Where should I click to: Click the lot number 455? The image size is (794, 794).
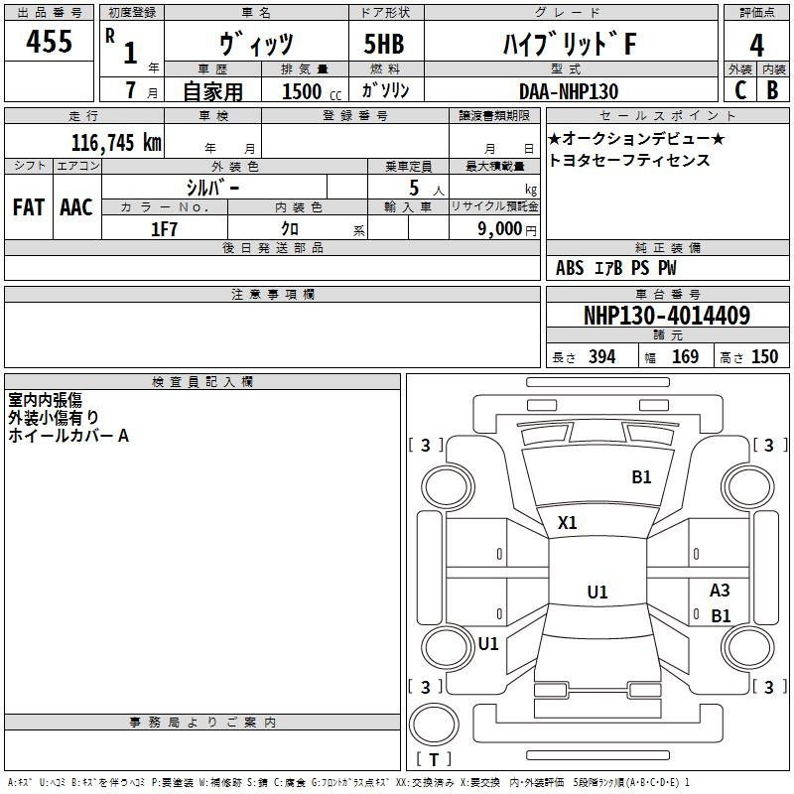tap(49, 42)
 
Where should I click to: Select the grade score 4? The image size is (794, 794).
tap(756, 46)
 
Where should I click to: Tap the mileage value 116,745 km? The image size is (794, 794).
tap(116, 142)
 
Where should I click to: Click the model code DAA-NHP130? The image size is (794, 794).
tap(569, 91)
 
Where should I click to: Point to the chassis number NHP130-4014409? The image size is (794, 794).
tap(667, 316)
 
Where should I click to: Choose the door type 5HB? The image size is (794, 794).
tap(384, 44)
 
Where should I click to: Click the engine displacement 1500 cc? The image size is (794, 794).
tap(312, 91)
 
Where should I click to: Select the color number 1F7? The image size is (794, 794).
tap(164, 229)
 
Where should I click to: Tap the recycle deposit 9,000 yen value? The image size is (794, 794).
tap(507, 229)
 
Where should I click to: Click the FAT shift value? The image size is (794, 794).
tap(29, 207)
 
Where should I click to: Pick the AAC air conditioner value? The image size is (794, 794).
tap(76, 207)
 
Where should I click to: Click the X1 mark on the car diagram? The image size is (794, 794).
tap(567, 522)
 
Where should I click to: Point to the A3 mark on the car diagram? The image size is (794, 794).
tap(720, 590)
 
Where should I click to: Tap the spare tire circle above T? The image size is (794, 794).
tap(434, 725)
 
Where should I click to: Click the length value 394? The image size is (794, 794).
tap(602, 356)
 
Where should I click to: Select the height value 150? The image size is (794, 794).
tap(764, 356)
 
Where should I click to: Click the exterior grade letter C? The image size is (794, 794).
tap(740, 90)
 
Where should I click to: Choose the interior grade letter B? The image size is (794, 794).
tap(772, 90)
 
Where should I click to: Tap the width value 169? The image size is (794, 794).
tap(685, 356)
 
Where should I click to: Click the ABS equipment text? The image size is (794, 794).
tap(570, 268)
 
